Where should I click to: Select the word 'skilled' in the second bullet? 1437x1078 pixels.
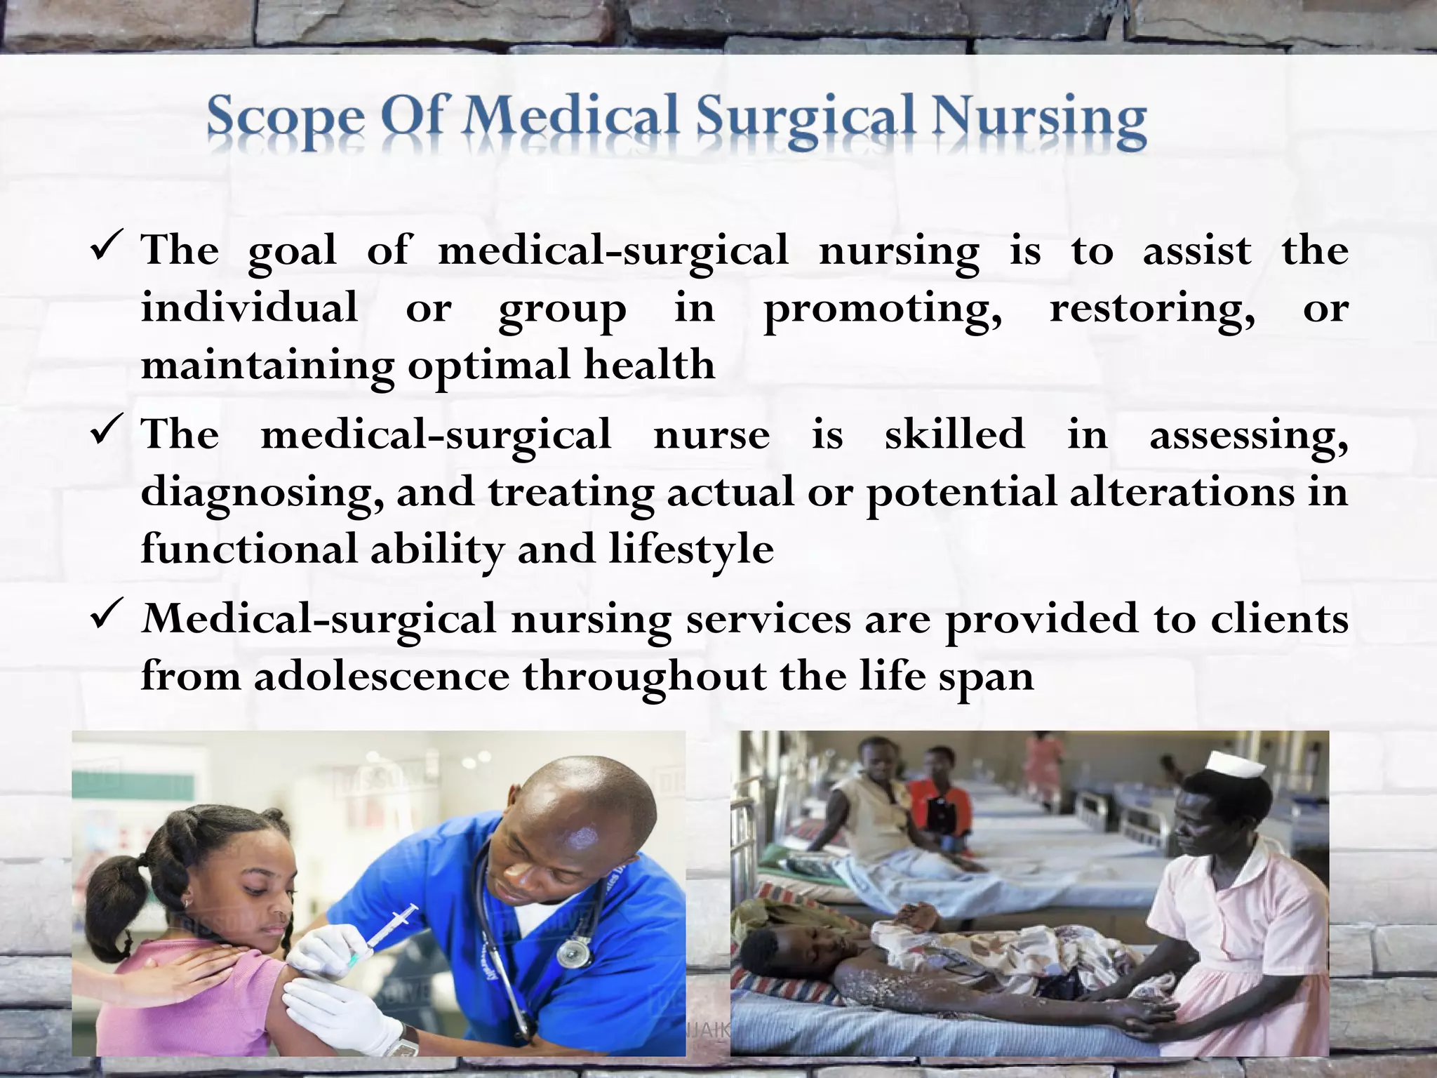[954, 434]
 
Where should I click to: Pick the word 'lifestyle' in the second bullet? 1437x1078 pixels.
[691, 549]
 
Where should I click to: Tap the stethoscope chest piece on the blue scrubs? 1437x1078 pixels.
[574, 952]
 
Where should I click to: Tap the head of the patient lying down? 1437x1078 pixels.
[775, 947]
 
